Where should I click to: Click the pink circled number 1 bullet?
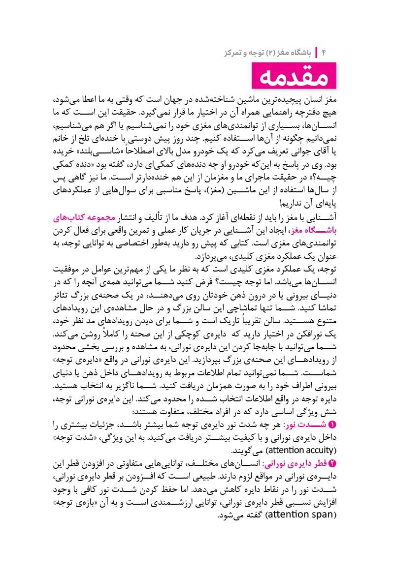point(331,425)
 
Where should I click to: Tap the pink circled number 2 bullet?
point(331,463)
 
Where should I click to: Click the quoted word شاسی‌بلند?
point(97,150)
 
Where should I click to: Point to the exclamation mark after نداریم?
point(281,203)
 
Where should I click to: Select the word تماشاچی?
point(230,309)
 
